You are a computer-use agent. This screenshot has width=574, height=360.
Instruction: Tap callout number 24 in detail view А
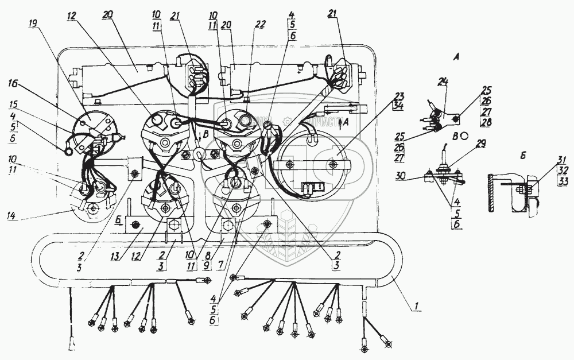(x=443, y=82)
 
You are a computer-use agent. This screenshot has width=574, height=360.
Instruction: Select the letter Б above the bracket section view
(x=503, y=155)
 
